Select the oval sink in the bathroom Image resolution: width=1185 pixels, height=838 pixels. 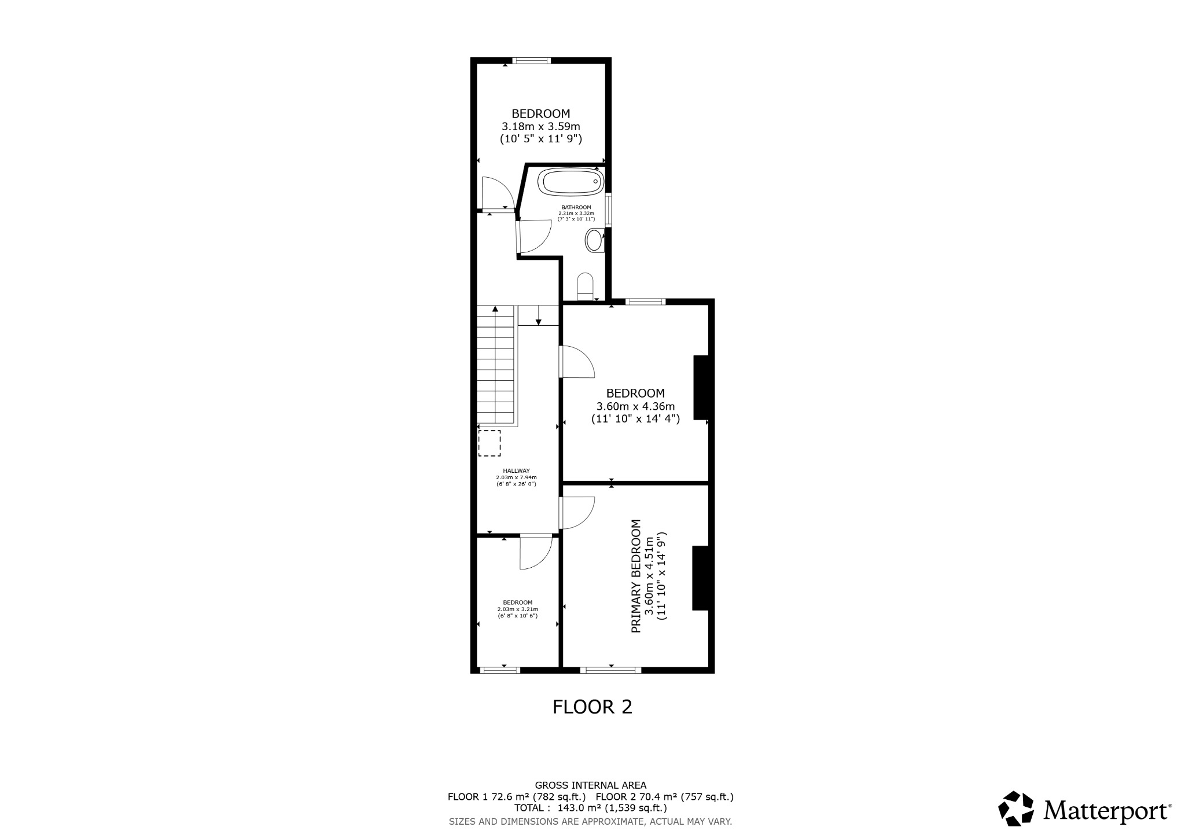[x=595, y=240]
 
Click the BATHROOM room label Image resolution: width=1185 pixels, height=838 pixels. [x=576, y=207]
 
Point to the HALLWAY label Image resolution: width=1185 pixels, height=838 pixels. [x=516, y=471]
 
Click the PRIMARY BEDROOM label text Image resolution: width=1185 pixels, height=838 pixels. [x=636, y=576]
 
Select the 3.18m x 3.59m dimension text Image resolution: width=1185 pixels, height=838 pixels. [x=540, y=126]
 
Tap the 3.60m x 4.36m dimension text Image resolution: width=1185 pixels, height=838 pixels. [x=635, y=406]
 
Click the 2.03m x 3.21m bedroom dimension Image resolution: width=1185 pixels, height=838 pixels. [x=518, y=609]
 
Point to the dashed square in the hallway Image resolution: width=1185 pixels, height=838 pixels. [x=490, y=443]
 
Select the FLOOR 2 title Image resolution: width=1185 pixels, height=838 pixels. [x=592, y=707]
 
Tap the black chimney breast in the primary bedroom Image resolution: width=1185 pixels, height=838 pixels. [x=701, y=578]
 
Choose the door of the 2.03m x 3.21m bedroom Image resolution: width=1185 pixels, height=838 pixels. [x=536, y=553]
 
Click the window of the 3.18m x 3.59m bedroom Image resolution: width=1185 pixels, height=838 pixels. [x=532, y=60]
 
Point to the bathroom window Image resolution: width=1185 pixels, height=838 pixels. [x=608, y=209]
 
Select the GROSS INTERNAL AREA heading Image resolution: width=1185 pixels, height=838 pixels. [x=591, y=785]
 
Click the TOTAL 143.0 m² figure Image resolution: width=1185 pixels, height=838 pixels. [x=591, y=808]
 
